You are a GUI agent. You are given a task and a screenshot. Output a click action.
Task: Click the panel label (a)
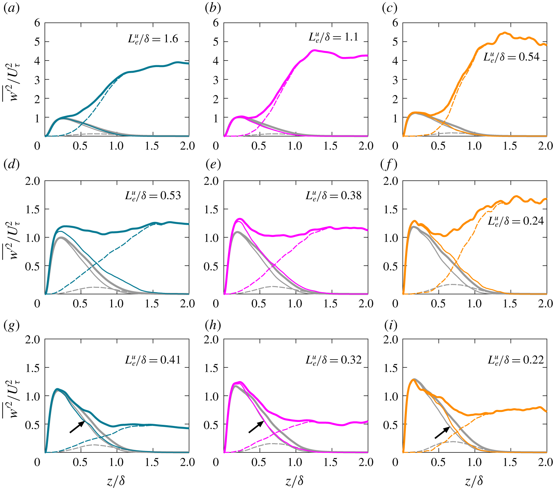[x=11, y=8]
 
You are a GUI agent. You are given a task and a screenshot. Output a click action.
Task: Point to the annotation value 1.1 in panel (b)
[x=351, y=37]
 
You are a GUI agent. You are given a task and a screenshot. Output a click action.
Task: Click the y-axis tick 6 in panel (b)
[x=216, y=23]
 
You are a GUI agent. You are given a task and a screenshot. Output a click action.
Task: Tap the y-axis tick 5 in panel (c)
[x=395, y=42]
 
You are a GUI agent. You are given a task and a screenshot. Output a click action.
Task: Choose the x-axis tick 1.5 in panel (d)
[x=152, y=304]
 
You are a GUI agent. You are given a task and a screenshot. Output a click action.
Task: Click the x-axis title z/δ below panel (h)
[x=295, y=481]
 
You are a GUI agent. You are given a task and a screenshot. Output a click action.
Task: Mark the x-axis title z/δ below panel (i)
[x=474, y=481]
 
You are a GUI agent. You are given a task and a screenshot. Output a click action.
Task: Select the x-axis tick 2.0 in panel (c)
[x=545, y=146]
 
